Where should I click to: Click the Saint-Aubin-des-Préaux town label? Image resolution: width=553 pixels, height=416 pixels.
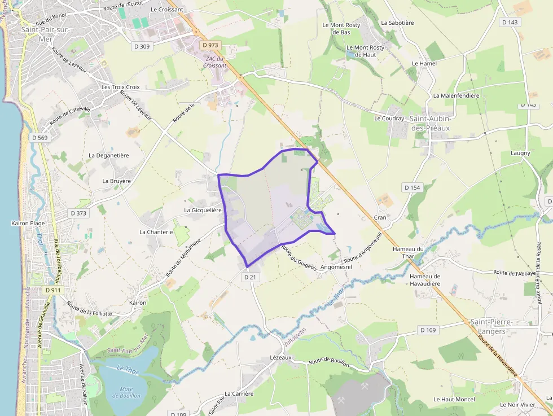[x=429, y=123]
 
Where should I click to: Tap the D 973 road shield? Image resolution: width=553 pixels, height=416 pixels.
[x=210, y=45]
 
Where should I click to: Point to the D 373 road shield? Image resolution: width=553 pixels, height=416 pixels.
[x=79, y=213]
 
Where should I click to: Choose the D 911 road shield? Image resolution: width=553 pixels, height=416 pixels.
[x=52, y=290]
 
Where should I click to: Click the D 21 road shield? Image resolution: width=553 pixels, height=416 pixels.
[x=251, y=277]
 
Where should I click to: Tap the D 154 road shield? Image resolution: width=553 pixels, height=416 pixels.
[x=412, y=187]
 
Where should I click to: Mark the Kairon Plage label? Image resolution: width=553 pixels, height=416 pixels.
[x=28, y=224]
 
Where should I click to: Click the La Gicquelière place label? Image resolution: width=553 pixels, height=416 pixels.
[x=203, y=210]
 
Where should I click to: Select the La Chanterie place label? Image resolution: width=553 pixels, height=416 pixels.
[x=156, y=232]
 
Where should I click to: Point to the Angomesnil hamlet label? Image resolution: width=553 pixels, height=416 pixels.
[x=337, y=267]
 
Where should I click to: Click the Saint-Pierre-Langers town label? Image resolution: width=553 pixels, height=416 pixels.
[x=488, y=326]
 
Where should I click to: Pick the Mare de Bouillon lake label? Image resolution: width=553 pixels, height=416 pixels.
[x=126, y=392]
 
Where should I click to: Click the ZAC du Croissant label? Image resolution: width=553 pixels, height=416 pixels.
[x=216, y=62]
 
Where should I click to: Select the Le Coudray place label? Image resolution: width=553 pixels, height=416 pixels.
[x=389, y=119]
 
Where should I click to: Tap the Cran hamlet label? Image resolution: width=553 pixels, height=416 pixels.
[x=380, y=217]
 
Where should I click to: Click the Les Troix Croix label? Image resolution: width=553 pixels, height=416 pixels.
[x=120, y=87]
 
